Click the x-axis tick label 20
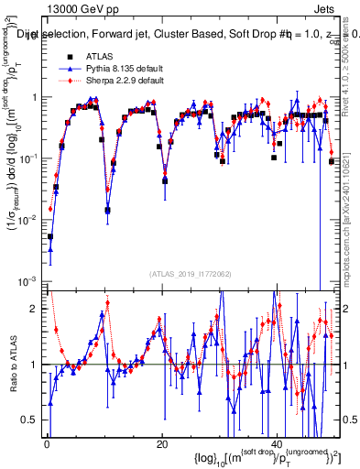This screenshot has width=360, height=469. coord(162,444)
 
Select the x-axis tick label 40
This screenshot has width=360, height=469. coord(278,444)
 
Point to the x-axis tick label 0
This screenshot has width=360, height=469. coord(47,444)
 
